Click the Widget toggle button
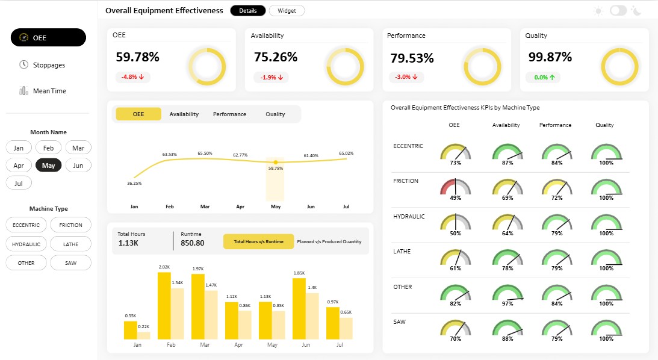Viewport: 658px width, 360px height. (x=287, y=11)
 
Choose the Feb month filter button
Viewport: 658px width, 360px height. (x=48, y=147)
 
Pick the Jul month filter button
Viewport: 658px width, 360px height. (x=19, y=184)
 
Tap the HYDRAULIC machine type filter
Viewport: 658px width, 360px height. (x=26, y=244)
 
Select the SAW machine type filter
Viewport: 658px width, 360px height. (x=70, y=263)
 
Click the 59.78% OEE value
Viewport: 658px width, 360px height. (x=138, y=57)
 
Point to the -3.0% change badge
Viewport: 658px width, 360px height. (x=406, y=77)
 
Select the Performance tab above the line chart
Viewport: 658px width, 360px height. (x=229, y=114)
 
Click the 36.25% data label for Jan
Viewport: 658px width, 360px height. (x=134, y=184)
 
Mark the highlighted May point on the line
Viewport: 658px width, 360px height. (x=276, y=162)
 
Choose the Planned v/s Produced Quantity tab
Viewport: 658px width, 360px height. (x=329, y=241)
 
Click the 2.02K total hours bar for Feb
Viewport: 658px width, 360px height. (x=164, y=306)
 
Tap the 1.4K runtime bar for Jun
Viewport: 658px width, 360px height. (x=312, y=317)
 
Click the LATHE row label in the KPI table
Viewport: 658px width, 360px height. (x=402, y=251)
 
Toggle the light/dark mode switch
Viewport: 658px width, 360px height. (x=618, y=10)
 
